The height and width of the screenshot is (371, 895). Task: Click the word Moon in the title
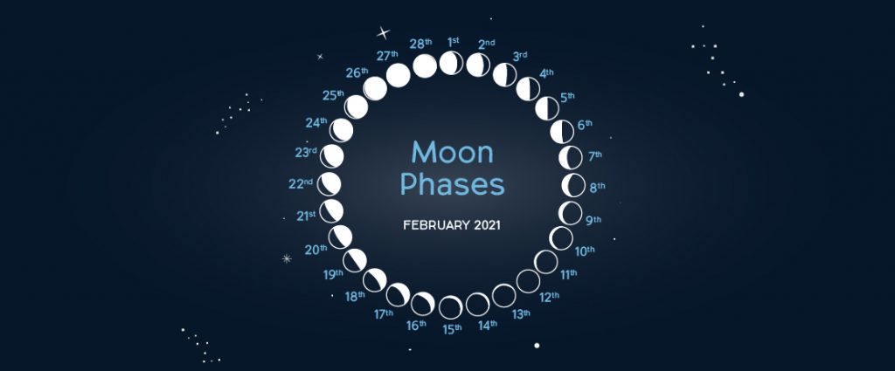click(452, 153)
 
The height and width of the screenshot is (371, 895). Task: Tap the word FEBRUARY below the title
click(435, 225)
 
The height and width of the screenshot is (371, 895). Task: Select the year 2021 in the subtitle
click(487, 225)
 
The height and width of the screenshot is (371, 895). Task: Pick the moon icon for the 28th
click(425, 65)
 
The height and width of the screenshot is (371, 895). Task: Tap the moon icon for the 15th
click(451, 307)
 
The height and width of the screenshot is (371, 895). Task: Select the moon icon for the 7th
click(571, 158)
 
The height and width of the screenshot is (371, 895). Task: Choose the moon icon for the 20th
click(340, 236)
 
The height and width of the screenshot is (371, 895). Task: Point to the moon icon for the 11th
click(545, 261)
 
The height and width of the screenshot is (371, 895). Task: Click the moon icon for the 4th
click(529, 88)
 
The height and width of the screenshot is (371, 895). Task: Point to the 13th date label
click(521, 313)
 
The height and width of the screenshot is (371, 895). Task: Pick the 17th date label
click(385, 313)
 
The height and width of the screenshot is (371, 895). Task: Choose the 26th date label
click(357, 72)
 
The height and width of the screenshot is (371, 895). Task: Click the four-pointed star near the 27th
click(382, 33)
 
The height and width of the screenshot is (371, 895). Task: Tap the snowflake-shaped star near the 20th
click(286, 258)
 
